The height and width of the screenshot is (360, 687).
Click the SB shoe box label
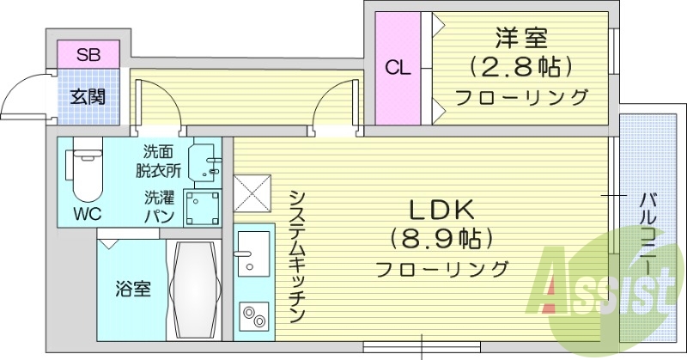(x=88, y=56)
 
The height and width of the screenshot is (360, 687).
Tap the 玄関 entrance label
(x=88, y=96)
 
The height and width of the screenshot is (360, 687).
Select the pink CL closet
(x=396, y=68)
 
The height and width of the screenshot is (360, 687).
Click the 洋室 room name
(x=520, y=39)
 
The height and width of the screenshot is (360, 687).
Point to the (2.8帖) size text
(x=520, y=67)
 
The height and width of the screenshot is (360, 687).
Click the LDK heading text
(x=441, y=209)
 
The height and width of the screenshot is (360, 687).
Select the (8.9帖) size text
(x=441, y=238)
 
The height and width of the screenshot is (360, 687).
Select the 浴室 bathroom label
(x=133, y=289)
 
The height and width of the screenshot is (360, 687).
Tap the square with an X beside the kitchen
(x=253, y=192)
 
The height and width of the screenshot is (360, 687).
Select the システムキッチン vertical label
(x=296, y=254)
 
